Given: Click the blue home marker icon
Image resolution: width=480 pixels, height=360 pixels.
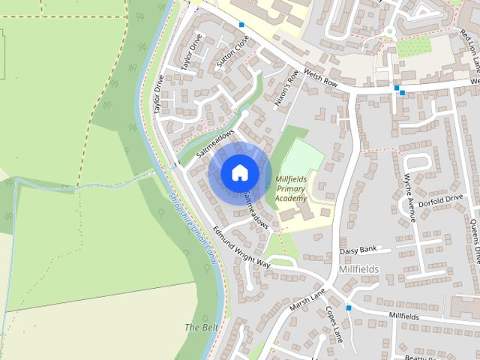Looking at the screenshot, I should click(x=239, y=172).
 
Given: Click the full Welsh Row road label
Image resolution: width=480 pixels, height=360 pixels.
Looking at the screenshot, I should click(x=322, y=80).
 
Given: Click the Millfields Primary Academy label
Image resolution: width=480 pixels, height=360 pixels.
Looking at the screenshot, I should click(x=291, y=189).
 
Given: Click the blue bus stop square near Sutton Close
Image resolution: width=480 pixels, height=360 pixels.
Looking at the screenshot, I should click(x=241, y=25).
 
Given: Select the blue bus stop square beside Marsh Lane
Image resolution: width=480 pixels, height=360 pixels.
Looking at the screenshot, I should click(x=349, y=307).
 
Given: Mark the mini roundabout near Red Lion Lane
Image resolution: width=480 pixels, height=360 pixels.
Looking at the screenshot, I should click(x=389, y=31).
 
